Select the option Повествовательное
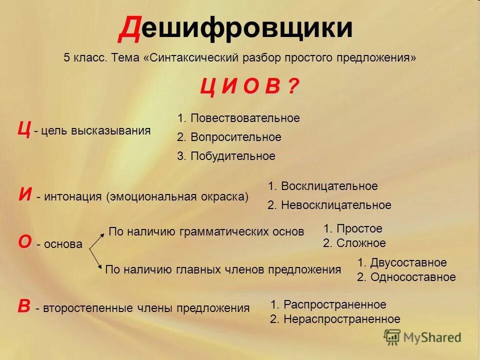238,118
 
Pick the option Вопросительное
229,137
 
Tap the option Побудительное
226,156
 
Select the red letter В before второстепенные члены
23,306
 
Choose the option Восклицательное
322,186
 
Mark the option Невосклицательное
329,205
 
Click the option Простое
352,229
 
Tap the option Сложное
354,243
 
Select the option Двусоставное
401,263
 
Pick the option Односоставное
406,277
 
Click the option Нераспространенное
335,319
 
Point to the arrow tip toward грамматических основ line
103,231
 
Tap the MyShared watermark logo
422,337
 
